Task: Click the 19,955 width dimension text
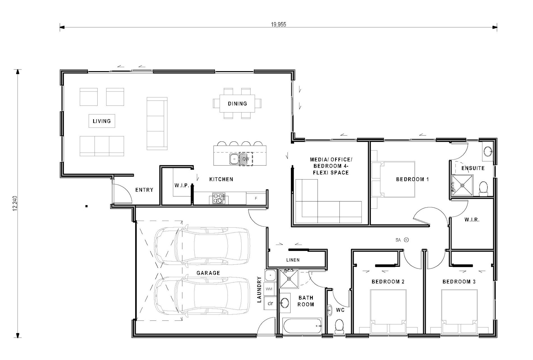click(x=278, y=24)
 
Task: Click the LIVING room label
click(x=102, y=121)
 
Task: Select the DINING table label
click(x=237, y=104)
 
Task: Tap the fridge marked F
click(x=256, y=198)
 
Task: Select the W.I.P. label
click(x=182, y=185)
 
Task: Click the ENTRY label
click(x=144, y=190)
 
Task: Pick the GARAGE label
click(x=208, y=273)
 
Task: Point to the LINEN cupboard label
click(x=293, y=260)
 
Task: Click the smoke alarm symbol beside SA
click(x=406, y=240)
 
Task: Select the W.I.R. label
click(x=472, y=220)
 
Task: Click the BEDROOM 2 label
click(x=388, y=282)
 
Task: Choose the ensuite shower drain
click(x=462, y=185)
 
